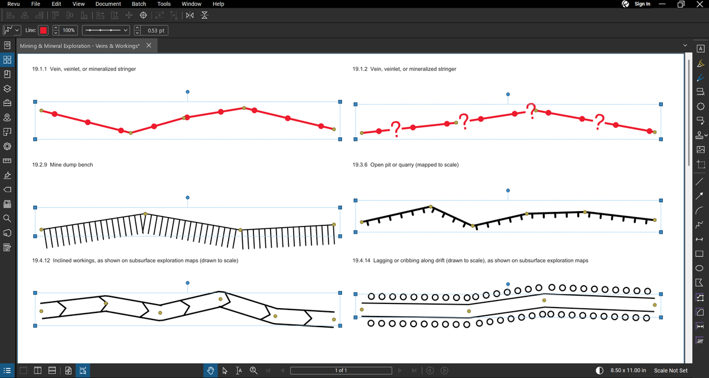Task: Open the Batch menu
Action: coord(139,4)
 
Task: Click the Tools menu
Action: coord(164,4)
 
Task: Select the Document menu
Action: coord(108,4)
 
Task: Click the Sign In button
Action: coord(642,4)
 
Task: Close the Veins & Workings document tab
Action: coord(149,46)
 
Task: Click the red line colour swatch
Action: coord(43,30)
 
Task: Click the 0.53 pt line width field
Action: coord(156,30)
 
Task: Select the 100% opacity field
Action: coord(69,30)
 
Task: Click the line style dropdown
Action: coord(106,30)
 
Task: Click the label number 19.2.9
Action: coord(40,165)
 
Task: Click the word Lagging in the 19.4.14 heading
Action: coord(383,260)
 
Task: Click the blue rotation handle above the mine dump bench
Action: coord(188,198)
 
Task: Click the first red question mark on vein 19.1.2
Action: coord(396,129)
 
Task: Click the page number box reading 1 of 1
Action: coord(341,370)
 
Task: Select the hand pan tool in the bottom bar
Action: coord(210,370)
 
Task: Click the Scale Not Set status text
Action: coord(671,370)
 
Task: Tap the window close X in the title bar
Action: coord(700,4)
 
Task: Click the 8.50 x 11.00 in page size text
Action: coord(628,370)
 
